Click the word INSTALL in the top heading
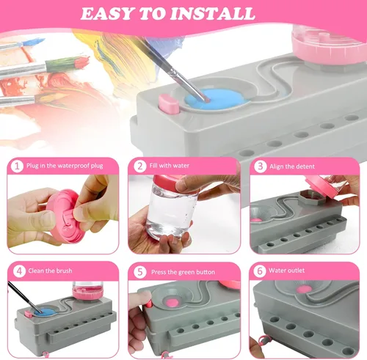[212, 14]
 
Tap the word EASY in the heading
[109, 14]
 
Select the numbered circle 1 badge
[17, 166]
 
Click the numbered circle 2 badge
[140, 166]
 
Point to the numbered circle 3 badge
[261, 166]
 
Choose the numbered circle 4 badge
[19, 271]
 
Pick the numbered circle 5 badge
[140, 272]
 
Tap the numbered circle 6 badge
[260, 271]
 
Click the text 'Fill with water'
[170, 166]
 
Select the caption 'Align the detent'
[292, 166]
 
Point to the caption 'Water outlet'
[286, 271]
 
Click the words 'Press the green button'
[183, 272]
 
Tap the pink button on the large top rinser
[169, 104]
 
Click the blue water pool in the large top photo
[216, 99]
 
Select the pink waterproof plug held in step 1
[64, 216]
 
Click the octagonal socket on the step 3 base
[310, 197]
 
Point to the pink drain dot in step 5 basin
[172, 303]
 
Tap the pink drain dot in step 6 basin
[304, 289]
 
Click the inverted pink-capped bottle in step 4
[88, 290]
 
